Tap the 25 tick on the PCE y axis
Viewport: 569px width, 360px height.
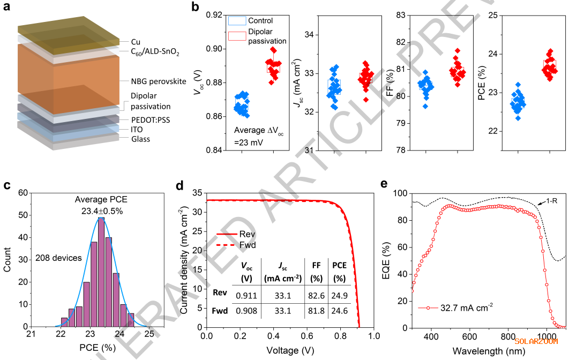tap(492, 15)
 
